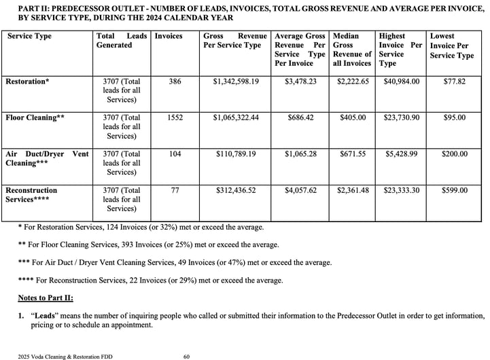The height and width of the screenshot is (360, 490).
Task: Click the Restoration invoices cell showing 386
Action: (175, 82)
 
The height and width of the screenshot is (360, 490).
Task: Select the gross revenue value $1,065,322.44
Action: (236, 118)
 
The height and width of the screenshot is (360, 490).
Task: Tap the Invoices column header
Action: (169, 35)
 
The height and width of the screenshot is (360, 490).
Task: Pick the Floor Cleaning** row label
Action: (35, 118)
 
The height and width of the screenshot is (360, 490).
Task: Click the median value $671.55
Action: (353, 154)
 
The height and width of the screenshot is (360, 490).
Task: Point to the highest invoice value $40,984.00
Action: (402, 82)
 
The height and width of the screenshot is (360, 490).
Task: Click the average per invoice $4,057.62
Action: (300, 190)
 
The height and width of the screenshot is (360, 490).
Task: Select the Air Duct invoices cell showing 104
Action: (175, 154)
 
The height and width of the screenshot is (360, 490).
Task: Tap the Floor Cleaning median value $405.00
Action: (353, 118)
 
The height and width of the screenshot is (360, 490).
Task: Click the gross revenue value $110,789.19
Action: (236, 154)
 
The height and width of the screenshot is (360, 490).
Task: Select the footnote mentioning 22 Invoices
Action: (150, 280)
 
